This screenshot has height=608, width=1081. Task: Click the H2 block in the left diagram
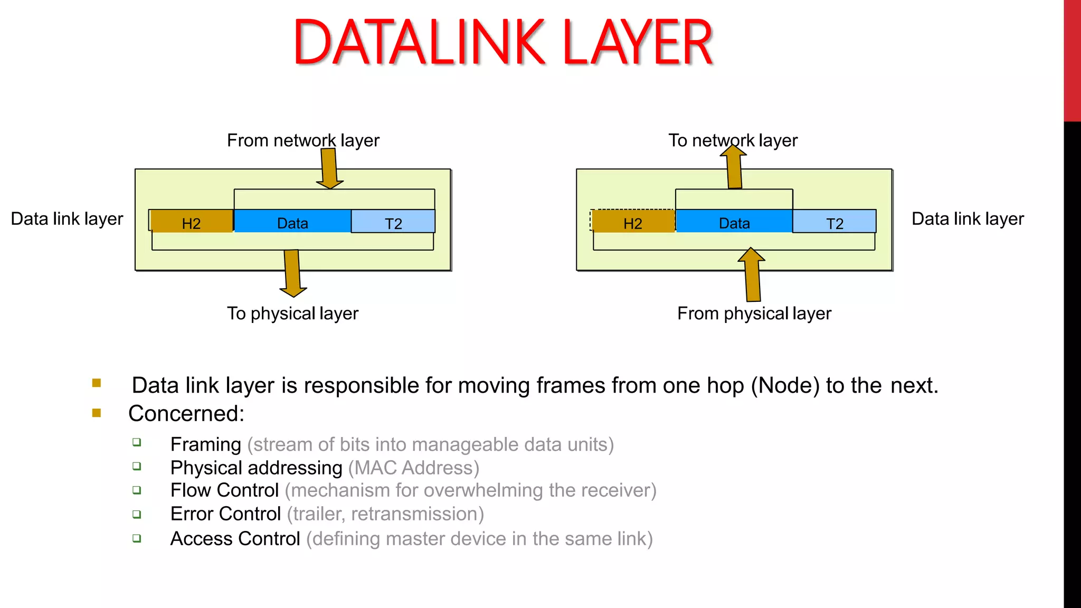[191, 222]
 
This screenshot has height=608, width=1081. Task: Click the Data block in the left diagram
[292, 222]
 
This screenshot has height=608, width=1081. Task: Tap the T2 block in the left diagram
[393, 222]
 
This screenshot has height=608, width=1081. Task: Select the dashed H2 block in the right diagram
[632, 222]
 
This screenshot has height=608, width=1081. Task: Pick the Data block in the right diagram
[734, 222]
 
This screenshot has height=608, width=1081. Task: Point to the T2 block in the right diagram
[835, 222]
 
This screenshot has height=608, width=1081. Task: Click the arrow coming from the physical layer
[752, 274]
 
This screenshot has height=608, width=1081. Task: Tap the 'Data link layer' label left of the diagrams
[67, 218]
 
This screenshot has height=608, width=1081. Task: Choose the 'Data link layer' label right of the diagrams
[968, 218]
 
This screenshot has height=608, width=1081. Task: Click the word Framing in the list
[206, 444]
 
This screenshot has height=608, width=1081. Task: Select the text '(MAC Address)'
[414, 468]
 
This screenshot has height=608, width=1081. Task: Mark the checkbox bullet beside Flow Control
[137, 490]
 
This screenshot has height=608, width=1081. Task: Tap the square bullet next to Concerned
[97, 413]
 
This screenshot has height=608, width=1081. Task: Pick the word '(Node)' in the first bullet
[785, 385]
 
